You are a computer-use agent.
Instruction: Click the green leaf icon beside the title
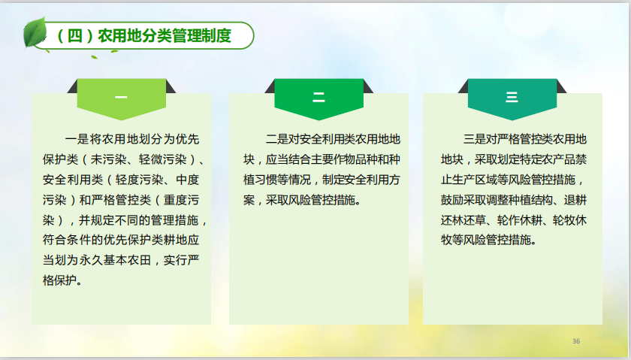point(35,32)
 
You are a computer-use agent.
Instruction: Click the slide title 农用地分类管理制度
point(165,36)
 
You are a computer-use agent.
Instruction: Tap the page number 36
point(576,341)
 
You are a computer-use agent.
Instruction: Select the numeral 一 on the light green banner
point(121,97)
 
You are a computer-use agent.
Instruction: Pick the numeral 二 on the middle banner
point(319,97)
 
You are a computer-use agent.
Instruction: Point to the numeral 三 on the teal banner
point(512,97)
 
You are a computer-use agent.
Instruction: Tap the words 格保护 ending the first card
point(59,280)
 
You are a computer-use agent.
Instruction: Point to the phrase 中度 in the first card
point(188,180)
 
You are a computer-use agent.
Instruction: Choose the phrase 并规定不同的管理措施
point(138,220)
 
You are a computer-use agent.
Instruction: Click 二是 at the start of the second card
point(277,139)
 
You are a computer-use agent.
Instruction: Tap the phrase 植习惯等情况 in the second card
point(277,180)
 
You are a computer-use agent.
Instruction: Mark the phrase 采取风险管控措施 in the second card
point(310,200)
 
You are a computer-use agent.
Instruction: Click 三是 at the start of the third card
point(475,139)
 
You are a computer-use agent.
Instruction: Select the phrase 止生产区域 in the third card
point(469,180)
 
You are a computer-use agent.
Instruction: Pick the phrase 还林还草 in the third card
point(463,220)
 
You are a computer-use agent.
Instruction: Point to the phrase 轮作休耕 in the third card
point(520,220)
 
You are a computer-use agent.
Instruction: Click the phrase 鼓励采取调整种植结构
point(497,200)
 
